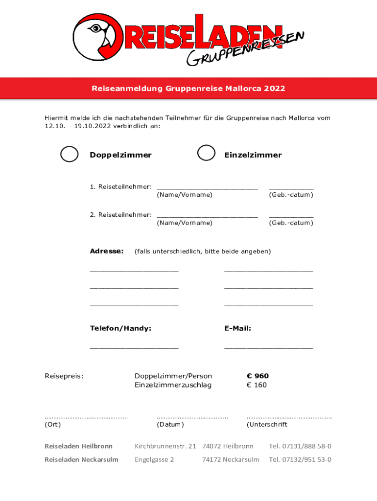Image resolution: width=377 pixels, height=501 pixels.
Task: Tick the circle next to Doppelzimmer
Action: (69, 154)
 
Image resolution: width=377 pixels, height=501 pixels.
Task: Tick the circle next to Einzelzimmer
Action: (206, 153)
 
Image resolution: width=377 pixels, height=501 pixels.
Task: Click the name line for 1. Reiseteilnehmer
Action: (207, 187)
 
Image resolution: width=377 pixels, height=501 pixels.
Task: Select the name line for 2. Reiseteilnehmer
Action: (207, 215)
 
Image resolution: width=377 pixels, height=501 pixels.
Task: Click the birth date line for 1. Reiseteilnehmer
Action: (291, 187)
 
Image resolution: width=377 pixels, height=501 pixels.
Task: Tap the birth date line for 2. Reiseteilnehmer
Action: (291, 215)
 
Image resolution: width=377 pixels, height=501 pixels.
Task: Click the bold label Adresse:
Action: (107, 251)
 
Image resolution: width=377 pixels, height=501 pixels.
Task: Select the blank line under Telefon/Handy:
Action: (134, 347)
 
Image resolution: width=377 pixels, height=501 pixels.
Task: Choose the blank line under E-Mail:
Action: (268, 347)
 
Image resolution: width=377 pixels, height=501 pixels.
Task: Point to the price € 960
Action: (258, 376)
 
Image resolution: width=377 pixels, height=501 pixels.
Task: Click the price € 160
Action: (257, 385)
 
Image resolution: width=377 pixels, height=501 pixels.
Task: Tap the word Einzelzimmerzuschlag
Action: (173, 385)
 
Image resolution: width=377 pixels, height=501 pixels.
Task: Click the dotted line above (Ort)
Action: (86, 417)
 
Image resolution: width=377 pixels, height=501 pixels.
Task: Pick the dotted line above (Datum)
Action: (192, 417)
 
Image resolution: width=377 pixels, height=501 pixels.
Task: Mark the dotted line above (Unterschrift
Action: (289, 417)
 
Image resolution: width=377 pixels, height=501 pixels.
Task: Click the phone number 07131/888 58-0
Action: (307, 446)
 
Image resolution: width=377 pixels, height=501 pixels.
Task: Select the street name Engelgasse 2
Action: (154, 459)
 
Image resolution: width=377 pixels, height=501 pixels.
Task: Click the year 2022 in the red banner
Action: (275, 89)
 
